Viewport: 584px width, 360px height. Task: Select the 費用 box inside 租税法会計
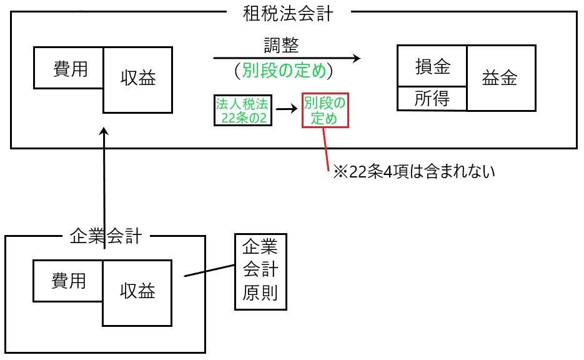click(69, 68)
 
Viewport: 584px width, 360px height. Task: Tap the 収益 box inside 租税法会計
click(137, 79)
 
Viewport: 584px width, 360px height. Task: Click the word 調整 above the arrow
click(282, 46)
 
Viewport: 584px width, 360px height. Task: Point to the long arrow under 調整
click(287, 58)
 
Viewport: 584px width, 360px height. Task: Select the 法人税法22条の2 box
click(243, 110)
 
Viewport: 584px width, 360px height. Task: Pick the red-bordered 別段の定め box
click(325, 110)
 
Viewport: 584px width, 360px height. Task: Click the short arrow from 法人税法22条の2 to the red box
click(287, 109)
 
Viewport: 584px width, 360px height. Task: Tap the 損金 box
click(432, 66)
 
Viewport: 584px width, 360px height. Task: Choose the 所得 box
click(432, 98)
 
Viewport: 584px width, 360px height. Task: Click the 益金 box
click(500, 77)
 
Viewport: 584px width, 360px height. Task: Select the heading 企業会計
click(106, 236)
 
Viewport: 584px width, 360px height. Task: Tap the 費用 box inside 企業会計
click(68, 281)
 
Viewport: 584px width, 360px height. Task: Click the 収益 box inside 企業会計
click(137, 291)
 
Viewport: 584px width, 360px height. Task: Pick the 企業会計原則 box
click(260, 271)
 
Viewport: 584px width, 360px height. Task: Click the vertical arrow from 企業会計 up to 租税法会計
click(104, 187)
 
